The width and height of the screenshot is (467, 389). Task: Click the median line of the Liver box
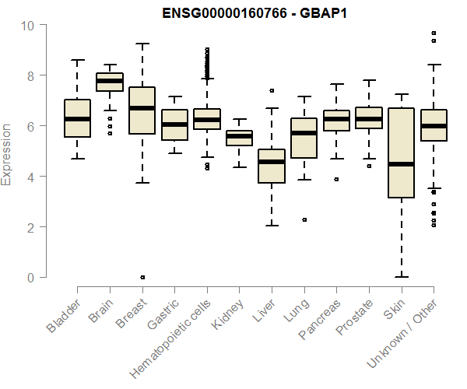pos(272,162)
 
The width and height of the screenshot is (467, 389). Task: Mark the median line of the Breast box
pos(142,108)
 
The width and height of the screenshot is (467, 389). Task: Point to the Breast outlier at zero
pos(142,277)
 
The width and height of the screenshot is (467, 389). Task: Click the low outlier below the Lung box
pos(304,219)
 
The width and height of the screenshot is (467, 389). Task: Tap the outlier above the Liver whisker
pos(272,90)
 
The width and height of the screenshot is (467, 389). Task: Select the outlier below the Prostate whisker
pos(369,166)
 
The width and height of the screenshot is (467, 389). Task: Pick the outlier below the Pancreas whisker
pos(336,179)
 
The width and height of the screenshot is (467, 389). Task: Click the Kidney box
pos(239,138)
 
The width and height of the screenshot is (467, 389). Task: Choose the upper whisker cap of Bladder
pos(77,60)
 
